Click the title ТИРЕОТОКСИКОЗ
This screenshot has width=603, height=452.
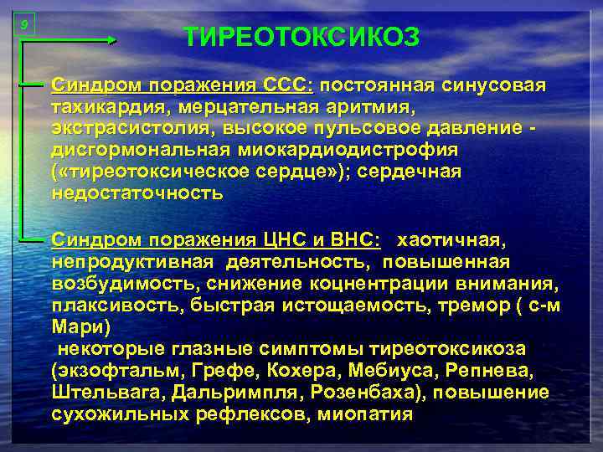(301, 38)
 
